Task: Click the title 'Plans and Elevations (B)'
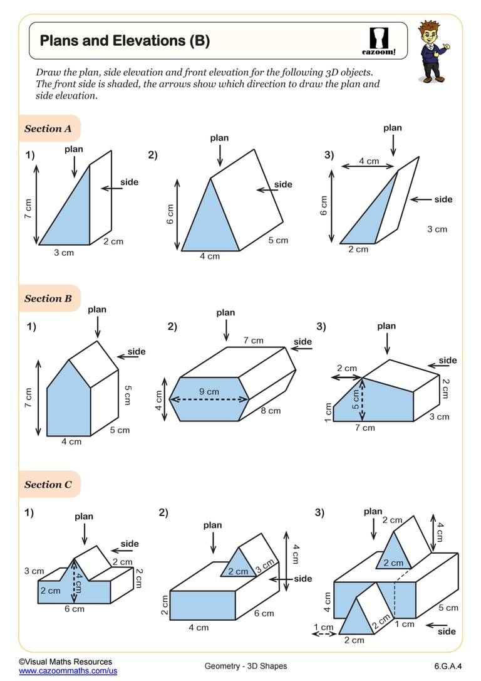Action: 125,41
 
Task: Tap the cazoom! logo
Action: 379,41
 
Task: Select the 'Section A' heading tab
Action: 48,129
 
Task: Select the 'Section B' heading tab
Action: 48,298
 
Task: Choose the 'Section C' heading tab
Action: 48,484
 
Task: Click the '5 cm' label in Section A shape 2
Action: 278,240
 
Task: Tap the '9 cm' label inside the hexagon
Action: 209,391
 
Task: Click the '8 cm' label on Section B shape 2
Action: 271,411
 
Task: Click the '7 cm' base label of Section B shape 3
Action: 365,428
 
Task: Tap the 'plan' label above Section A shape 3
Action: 393,128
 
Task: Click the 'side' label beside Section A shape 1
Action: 129,182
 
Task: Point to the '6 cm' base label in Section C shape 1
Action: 74,609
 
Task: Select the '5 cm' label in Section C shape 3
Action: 448,608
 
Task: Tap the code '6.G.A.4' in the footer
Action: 447,665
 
